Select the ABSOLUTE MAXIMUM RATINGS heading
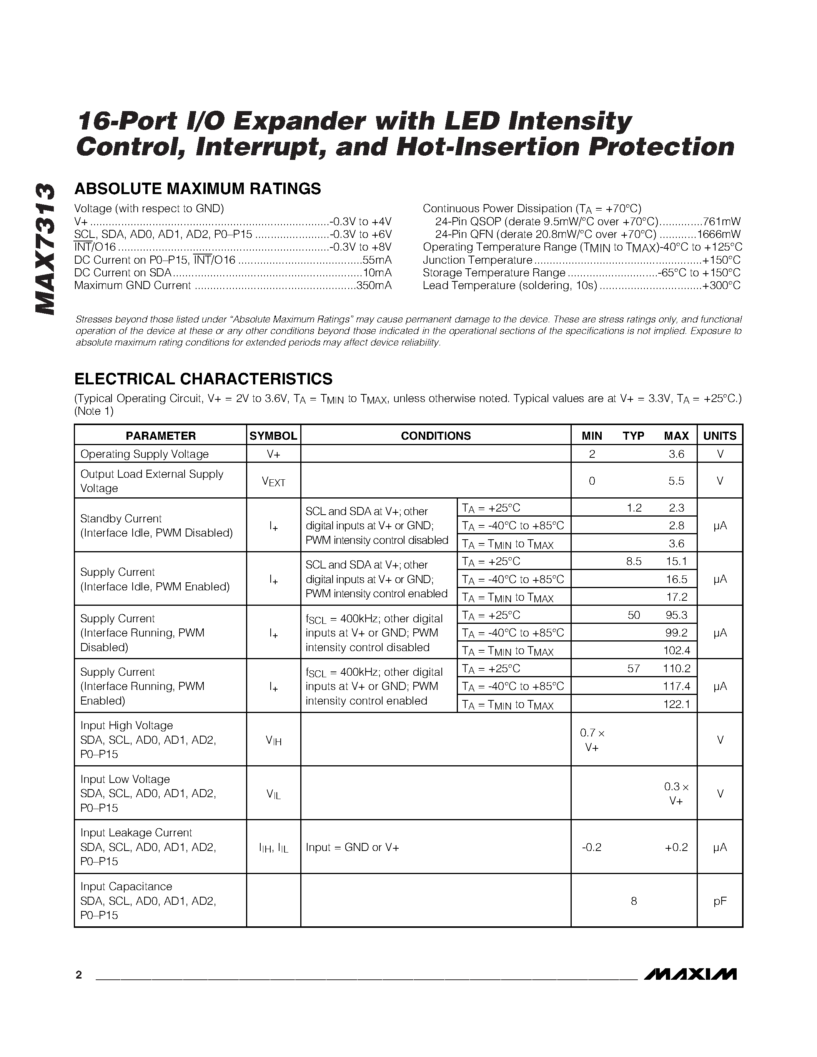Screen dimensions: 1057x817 (x=198, y=189)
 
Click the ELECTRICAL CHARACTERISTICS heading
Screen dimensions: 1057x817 (x=203, y=379)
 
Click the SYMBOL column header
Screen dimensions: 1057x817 (x=273, y=435)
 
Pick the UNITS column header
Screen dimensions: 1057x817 (x=720, y=435)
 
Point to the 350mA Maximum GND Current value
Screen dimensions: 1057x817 (x=374, y=286)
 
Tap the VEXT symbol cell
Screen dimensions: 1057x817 (x=273, y=481)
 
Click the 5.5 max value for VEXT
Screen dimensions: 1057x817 (x=676, y=481)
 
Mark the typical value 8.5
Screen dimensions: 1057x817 (x=634, y=562)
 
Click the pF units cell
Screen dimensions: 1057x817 (x=720, y=901)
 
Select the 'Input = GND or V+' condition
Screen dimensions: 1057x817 (x=352, y=847)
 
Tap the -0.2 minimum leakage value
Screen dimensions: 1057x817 (x=591, y=847)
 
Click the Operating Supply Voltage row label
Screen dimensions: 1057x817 (x=144, y=454)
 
